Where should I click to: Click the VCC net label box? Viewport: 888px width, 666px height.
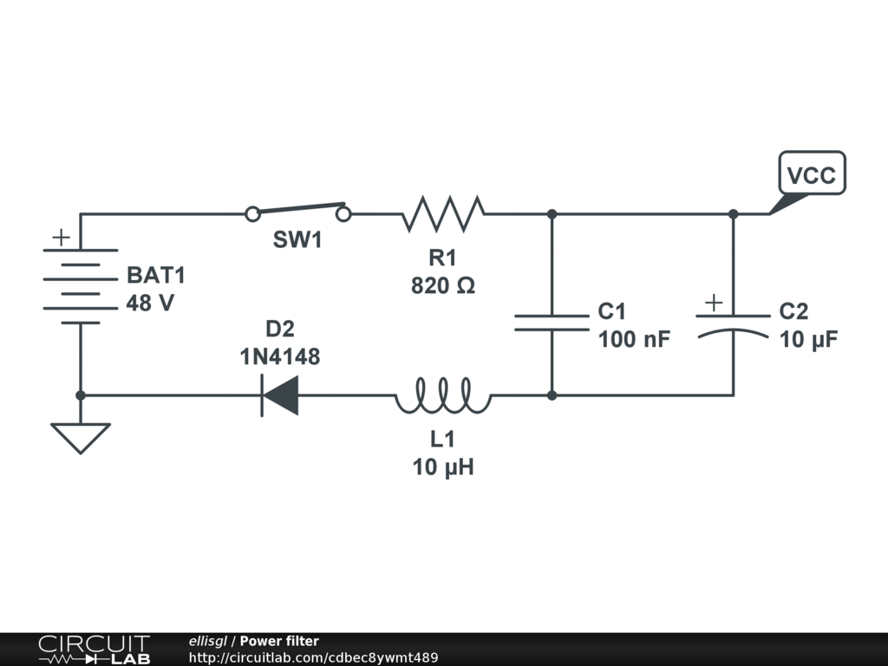click(812, 173)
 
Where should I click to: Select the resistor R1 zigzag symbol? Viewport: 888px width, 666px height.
click(443, 214)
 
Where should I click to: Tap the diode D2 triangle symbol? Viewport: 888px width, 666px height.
click(280, 395)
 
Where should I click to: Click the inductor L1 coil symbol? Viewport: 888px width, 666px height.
click(443, 395)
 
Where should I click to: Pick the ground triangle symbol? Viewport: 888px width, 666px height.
click(81, 438)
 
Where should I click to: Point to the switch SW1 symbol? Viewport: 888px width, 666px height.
click(298, 212)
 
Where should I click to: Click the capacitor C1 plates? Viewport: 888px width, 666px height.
click(552, 323)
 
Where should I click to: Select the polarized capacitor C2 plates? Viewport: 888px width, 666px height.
click(734, 325)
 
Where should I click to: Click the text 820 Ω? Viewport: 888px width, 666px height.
click(443, 285)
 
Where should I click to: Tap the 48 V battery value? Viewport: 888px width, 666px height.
click(150, 304)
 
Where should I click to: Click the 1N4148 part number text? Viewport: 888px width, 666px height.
click(280, 356)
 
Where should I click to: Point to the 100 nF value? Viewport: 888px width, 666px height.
click(634, 339)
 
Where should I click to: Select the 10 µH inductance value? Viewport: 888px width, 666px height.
click(443, 467)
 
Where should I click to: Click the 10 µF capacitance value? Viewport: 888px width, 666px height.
click(808, 339)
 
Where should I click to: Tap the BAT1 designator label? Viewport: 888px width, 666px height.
click(156, 275)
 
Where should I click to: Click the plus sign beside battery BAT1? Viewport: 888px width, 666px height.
click(62, 237)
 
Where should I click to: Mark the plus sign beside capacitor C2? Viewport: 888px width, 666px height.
click(714, 303)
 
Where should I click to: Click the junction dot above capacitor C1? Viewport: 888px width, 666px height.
click(552, 214)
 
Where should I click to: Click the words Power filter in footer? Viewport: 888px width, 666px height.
click(279, 641)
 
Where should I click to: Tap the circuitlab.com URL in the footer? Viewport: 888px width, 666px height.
click(313, 657)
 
